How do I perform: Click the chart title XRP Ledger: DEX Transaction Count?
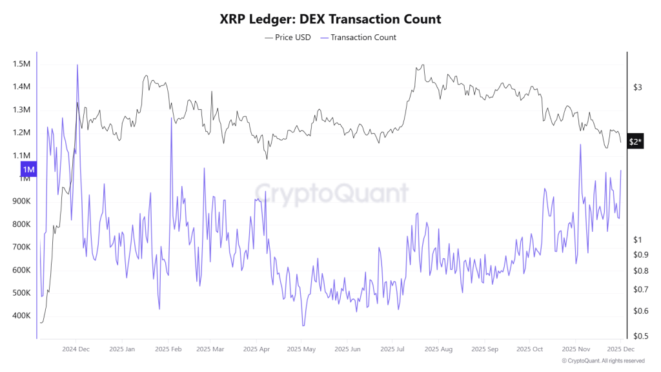[x=330, y=19]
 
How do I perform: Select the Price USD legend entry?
[x=288, y=37]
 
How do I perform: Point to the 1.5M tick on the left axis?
[x=21, y=64]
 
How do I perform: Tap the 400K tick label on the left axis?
[x=21, y=316]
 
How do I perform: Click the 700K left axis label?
[x=21, y=247]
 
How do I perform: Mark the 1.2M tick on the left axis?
[x=21, y=133]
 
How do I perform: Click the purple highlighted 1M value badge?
[x=28, y=170]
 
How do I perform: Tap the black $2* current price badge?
[x=635, y=141]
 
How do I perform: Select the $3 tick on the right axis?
[x=637, y=87]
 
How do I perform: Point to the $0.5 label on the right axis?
[x=640, y=336]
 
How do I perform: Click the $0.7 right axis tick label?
[x=640, y=289]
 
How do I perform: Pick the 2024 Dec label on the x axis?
[x=76, y=349]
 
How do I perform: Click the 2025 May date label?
[x=302, y=349]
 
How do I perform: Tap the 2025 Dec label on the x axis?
[x=620, y=349]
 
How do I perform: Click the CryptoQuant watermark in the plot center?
[x=330, y=192]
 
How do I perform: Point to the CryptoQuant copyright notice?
[x=602, y=361]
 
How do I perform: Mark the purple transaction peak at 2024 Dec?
[x=77, y=65]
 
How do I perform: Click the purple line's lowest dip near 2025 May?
[x=303, y=326]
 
